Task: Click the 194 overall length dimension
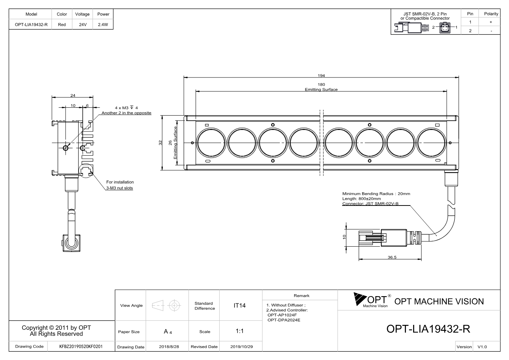click(321, 76)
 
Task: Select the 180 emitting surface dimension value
click(321, 85)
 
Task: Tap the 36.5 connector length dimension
click(392, 257)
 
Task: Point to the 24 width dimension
click(73, 96)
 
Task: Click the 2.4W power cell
click(103, 25)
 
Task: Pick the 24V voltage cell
click(83, 25)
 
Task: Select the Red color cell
click(62, 25)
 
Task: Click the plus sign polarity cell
click(491, 22)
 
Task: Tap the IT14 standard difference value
click(239, 306)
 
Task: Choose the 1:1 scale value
click(239, 331)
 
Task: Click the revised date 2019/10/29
click(242, 347)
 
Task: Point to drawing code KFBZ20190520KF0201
click(81, 346)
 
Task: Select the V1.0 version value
click(482, 347)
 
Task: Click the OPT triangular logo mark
click(359, 299)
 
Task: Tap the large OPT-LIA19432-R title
click(428, 329)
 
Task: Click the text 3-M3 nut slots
click(120, 188)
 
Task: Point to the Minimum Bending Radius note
click(376, 194)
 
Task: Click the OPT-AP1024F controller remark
click(282, 315)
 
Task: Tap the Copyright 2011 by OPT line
click(56, 328)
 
